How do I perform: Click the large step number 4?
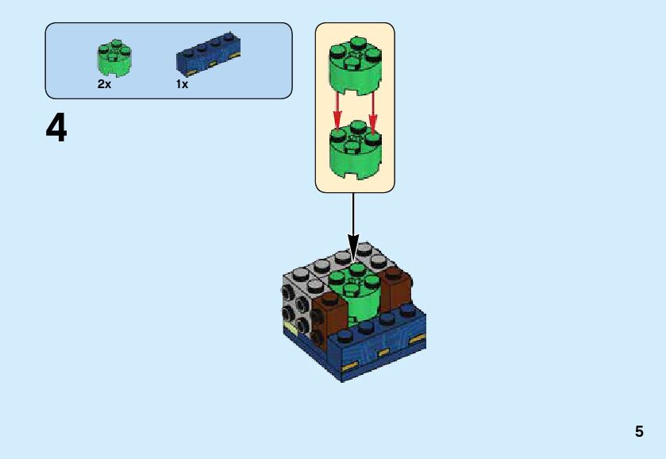[56, 129]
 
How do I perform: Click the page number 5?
[639, 432]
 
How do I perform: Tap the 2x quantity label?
[104, 84]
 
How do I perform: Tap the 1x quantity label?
[182, 84]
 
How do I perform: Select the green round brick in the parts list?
[114, 57]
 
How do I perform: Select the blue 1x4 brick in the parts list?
[208, 54]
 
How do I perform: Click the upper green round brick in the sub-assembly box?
[355, 67]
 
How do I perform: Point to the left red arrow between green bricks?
[337, 111]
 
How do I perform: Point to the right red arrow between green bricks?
[372, 111]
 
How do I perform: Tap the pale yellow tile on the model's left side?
[291, 328]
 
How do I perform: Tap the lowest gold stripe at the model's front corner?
[348, 367]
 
